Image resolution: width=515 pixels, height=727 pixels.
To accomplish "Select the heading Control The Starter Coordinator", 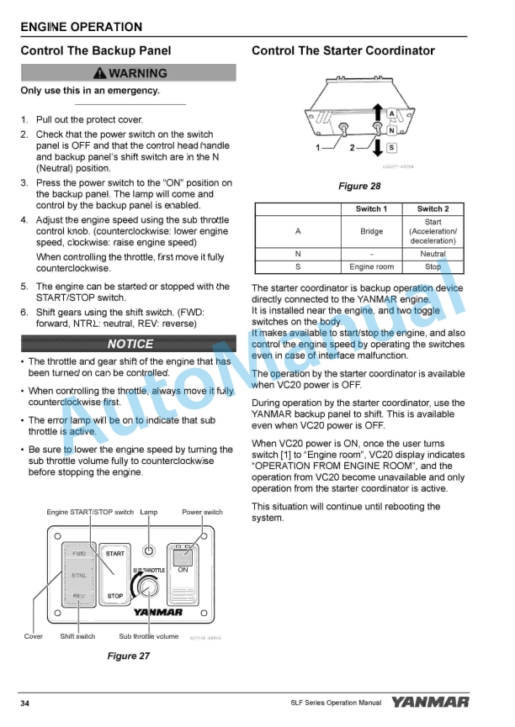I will [x=342, y=50].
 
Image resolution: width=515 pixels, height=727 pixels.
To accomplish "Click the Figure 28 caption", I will [x=358, y=186].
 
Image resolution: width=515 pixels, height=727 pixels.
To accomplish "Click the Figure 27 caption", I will [x=129, y=656].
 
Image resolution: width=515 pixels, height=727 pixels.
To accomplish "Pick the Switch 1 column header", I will [x=371, y=208].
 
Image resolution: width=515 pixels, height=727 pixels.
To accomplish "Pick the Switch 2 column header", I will [x=433, y=208].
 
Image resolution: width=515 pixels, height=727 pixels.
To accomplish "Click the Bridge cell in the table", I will [x=371, y=231].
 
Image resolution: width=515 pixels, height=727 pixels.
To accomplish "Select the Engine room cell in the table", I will [x=371, y=266].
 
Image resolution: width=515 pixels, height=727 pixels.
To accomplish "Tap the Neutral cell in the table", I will [x=433, y=253].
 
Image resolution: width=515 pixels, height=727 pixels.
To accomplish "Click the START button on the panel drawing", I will [x=114, y=553].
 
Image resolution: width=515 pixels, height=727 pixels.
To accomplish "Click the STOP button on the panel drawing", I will [x=114, y=596].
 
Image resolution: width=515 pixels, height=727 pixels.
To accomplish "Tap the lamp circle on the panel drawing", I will [x=149, y=552].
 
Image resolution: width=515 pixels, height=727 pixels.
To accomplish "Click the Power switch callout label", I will [x=202, y=512].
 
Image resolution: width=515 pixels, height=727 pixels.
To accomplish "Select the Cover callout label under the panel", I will [x=33, y=636].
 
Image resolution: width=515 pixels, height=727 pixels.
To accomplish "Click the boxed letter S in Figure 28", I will [x=391, y=149].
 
